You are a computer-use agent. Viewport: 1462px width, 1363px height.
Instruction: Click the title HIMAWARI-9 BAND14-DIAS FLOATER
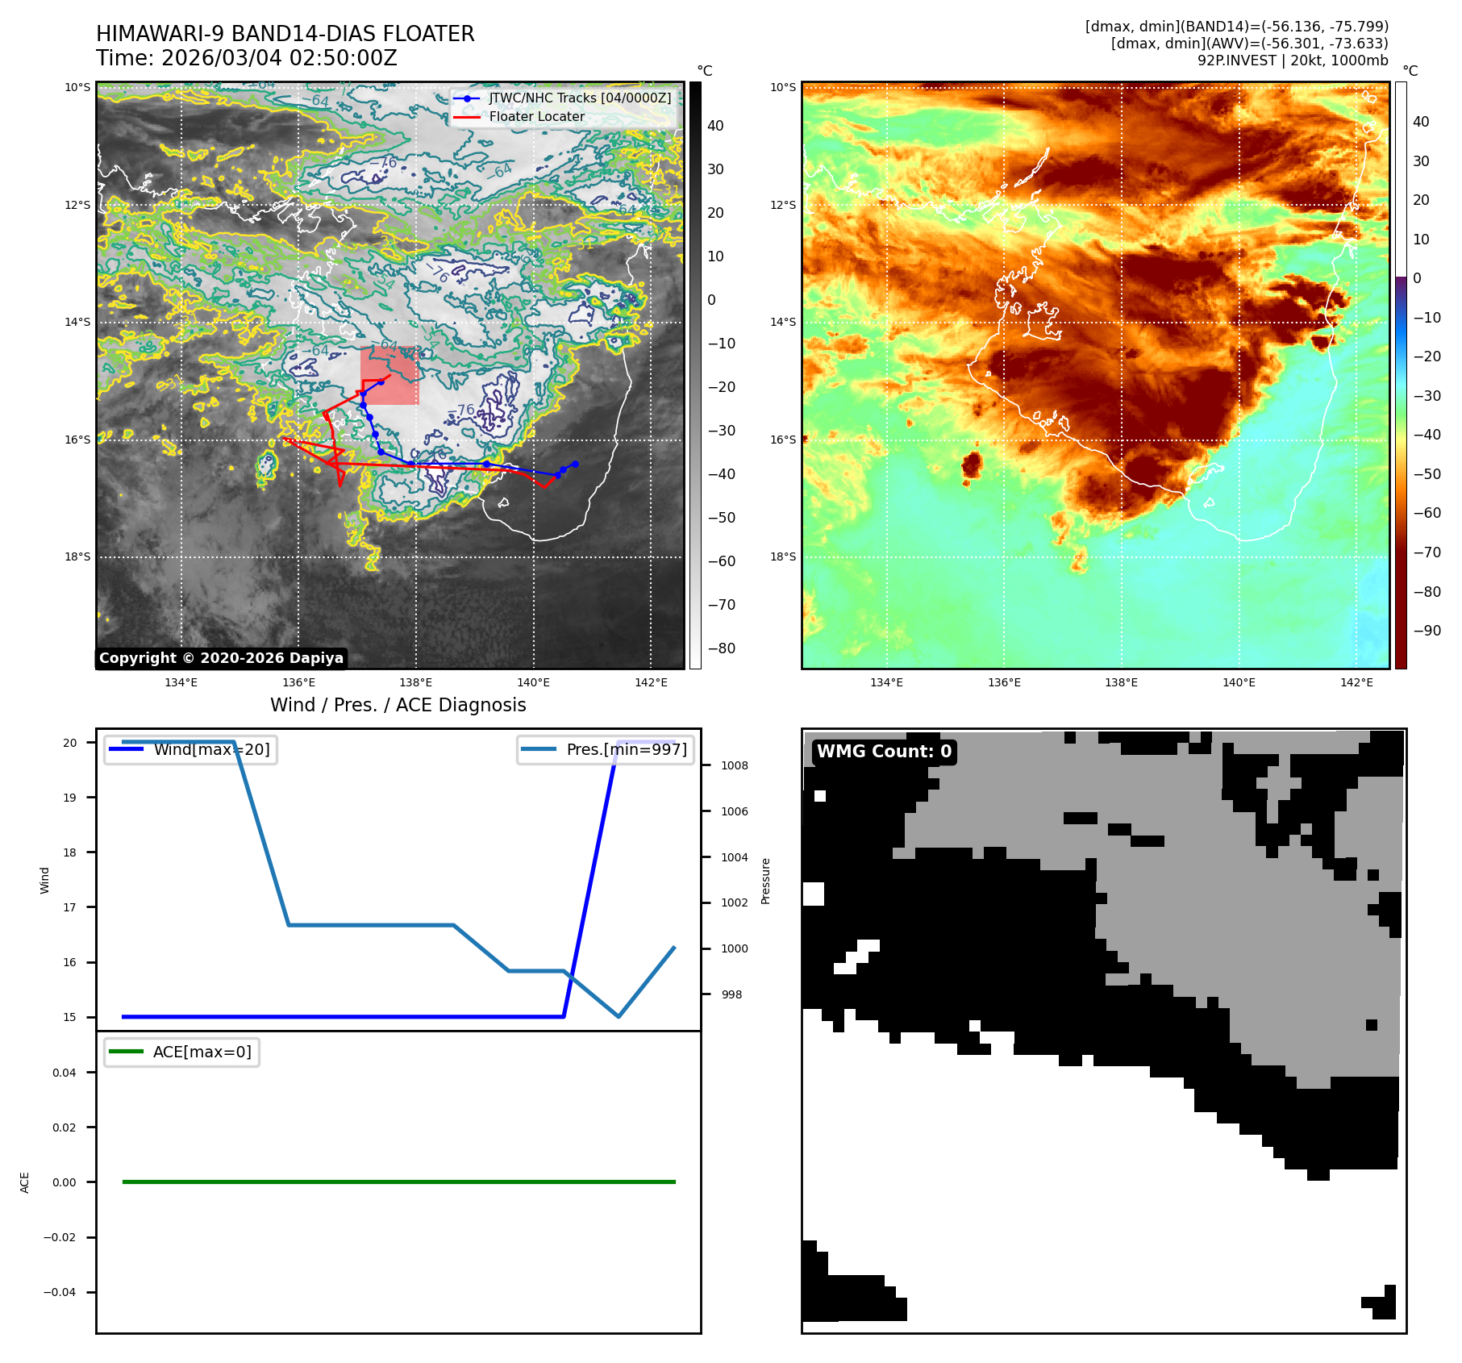pos(285,34)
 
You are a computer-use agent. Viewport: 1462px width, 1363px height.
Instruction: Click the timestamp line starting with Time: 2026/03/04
pos(246,58)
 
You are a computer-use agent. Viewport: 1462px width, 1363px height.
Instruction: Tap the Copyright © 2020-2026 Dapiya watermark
pos(221,658)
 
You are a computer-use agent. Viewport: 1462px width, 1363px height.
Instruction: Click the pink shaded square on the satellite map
pos(389,376)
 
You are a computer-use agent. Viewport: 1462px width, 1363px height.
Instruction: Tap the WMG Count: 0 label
pos(884,752)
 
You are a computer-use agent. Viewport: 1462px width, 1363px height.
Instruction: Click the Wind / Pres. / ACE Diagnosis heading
pos(398,705)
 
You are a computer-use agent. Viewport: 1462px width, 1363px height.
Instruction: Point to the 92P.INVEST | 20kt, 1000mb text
pos(1292,60)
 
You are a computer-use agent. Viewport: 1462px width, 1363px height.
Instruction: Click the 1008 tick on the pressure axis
pos(734,765)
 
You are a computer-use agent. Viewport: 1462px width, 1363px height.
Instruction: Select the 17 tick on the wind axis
pos(70,907)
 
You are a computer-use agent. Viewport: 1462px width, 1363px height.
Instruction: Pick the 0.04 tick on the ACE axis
pos(64,1073)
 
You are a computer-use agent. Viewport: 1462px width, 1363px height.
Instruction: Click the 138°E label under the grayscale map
pos(415,682)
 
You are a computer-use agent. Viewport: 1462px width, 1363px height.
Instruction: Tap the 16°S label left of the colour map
pos(782,440)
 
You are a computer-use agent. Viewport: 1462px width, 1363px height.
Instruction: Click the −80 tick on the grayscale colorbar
pos(721,648)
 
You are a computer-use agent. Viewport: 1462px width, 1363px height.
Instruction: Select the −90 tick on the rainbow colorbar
pos(1427,631)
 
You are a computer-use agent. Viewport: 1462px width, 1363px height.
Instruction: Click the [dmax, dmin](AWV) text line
pos(1249,44)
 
